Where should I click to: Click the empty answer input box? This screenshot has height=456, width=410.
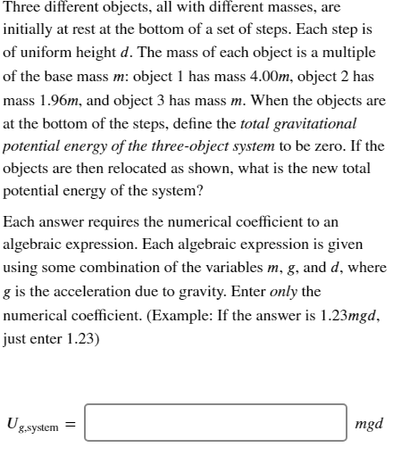point(215,422)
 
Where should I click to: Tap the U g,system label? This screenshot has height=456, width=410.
point(35,425)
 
